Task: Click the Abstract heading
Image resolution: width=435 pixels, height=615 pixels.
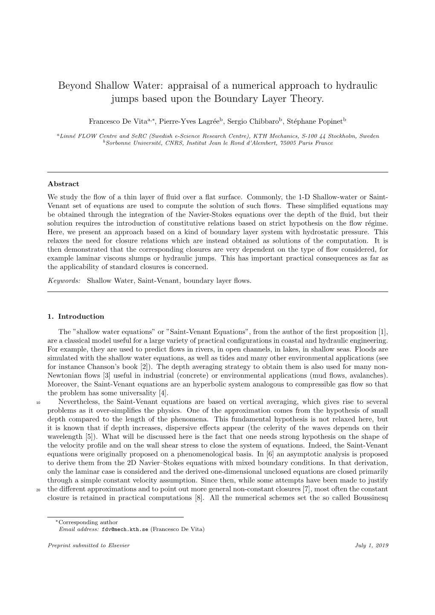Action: pyautogui.click(x=63, y=184)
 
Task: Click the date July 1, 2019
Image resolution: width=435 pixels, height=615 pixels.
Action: pyautogui.click(x=371, y=545)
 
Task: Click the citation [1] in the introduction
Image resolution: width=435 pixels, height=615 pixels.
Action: pyautogui.click(x=383, y=332)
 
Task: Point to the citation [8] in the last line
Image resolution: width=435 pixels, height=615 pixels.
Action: pyautogui.click(x=198, y=498)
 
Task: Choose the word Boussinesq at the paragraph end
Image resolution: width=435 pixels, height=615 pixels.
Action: pyautogui.click(x=371, y=498)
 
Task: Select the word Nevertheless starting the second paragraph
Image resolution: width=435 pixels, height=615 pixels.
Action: pyautogui.click(x=79, y=402)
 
